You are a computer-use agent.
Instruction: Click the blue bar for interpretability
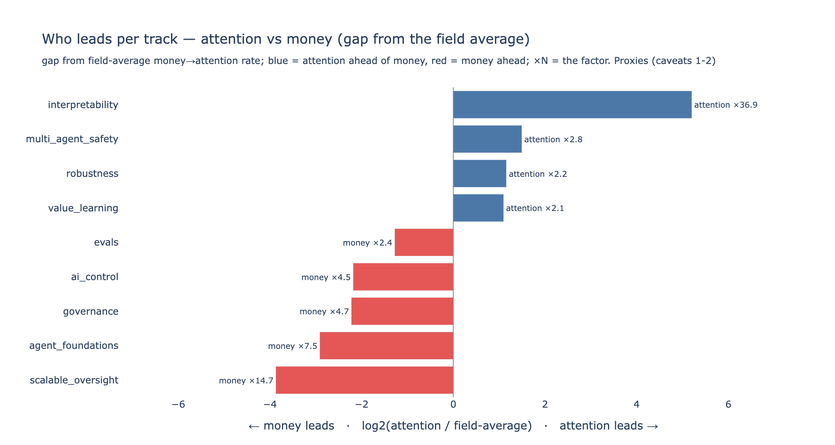coord(572,104)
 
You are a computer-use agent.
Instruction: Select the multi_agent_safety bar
coord(487,139)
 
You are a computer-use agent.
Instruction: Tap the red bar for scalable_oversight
coord(364,380)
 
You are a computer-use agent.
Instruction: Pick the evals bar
coord(424,242)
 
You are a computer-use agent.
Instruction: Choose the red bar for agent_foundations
coord(386,346)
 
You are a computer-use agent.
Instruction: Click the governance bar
coord(402,311)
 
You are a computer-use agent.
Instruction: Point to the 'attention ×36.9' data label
coord(726,105)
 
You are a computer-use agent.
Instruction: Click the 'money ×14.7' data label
coord(246,381)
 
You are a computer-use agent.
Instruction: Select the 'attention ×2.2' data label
coord(538,174)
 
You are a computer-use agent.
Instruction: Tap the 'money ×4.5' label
coord(326,277)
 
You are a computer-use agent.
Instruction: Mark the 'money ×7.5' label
coord(293,346)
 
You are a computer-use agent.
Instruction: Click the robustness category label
coord(92,174)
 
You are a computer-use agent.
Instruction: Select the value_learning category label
coord(83,208)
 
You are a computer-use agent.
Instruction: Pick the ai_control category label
coord(95,277)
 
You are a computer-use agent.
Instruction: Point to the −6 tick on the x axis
coord(178,404)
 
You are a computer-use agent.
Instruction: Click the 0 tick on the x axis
coord(453,404)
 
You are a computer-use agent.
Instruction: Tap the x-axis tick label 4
coord(637,404)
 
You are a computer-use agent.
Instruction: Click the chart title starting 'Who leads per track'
coord(286,39)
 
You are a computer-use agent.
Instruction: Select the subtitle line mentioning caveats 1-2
coord(379,61)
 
